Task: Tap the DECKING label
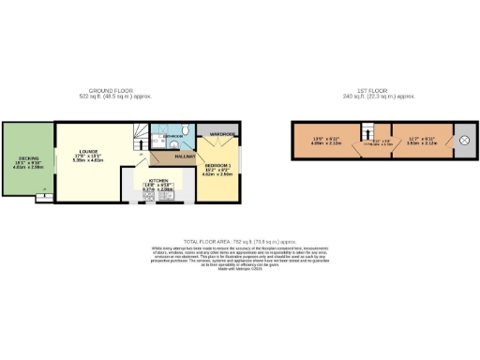26,157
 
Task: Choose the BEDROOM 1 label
217,165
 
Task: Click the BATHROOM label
172,136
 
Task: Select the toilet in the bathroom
187,129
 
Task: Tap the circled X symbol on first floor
462,141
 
